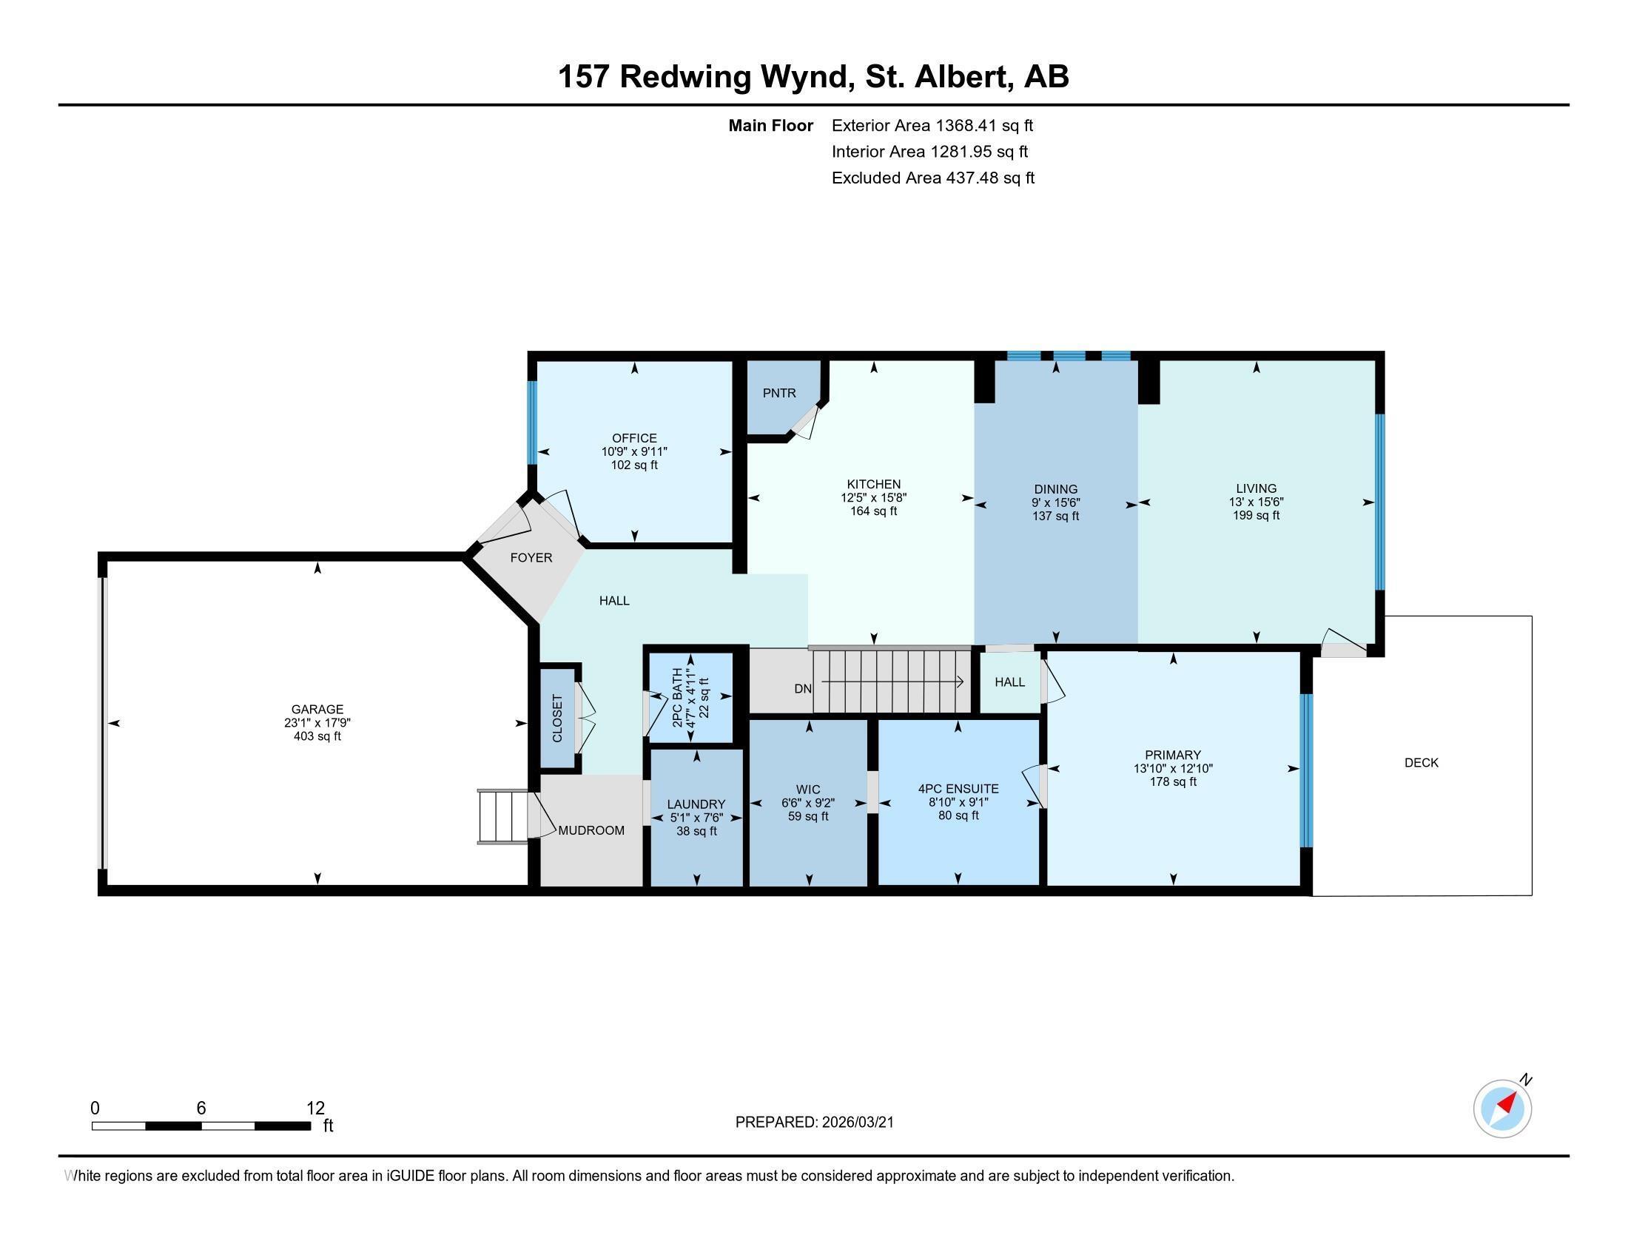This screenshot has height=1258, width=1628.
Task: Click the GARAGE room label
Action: click(317, 709)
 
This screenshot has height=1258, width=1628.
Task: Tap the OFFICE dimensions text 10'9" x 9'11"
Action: click(634, 451)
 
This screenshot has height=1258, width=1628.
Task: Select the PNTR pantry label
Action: click(779, 393)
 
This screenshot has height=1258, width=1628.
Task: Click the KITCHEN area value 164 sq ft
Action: click(874, 511)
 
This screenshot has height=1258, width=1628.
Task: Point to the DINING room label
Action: click(1055, 489)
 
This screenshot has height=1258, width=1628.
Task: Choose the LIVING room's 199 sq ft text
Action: click(1256, 515)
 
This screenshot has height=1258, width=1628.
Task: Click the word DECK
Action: click(1421, 762)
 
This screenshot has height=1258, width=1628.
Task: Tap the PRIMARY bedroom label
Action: click(1173, 755)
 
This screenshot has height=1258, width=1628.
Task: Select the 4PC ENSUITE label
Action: click(958, 789)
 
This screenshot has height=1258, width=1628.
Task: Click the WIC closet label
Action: click(808, 790)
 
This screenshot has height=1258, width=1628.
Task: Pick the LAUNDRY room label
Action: click(696, 804)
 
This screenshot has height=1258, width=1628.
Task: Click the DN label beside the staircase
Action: click(802, 689)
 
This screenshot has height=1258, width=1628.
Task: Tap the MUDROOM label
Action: click(591, 830)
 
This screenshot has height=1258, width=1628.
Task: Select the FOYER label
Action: click(531, 557)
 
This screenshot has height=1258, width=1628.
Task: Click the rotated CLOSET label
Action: click(556, 719)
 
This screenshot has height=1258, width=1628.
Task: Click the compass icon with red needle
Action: click(1502, 1109)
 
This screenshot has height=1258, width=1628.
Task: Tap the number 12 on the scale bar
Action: click(315, 1108)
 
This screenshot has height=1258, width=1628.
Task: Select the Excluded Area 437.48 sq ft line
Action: click(932, 178)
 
